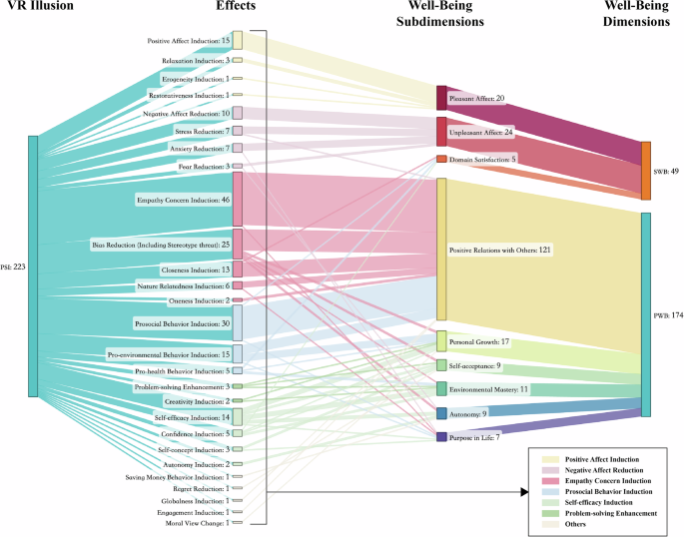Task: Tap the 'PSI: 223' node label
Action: click(14, 267)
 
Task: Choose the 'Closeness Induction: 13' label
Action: click(195, 270)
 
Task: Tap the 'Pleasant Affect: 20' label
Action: click(477, 99)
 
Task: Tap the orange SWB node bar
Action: click(646, 171)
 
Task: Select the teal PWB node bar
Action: click(646, 314)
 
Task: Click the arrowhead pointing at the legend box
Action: click(522, 491)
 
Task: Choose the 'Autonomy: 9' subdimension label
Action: click(468, 413)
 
